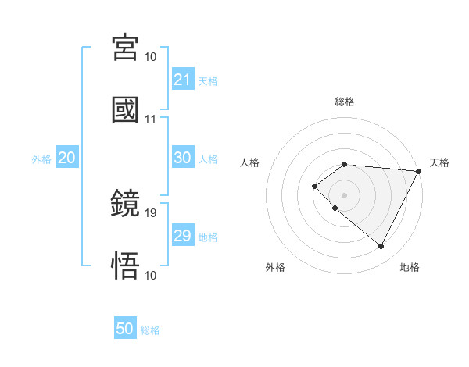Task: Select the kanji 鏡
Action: (126, 205)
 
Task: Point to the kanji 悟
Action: (126, 265)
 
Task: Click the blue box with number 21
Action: (183, 80)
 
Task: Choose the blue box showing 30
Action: (183, 158)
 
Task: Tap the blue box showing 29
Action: (183, 236)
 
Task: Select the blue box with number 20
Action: (67, 158)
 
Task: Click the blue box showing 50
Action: (125, 329)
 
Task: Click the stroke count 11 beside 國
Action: (151, 119)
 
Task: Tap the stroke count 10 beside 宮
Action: (151, 57)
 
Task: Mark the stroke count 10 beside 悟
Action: (151, 275)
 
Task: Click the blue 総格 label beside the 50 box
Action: (150, 330)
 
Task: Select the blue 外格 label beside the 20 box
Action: (41, 159)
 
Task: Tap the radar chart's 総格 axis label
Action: (345, 102)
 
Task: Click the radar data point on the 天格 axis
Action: (419, 171)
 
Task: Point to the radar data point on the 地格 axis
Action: (381, 247)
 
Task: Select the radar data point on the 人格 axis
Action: (314, 185)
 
